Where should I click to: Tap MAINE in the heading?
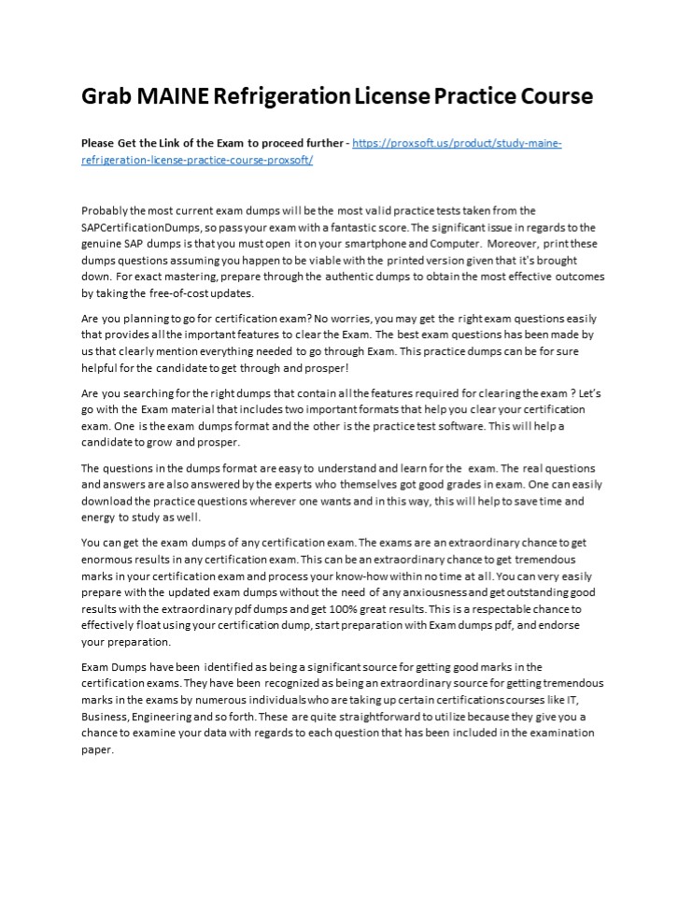(x=174, y=96)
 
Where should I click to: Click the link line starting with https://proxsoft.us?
(x=458, y=143)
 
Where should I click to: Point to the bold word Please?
(x=98, y=143)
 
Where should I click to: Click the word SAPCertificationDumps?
(x=138, y=228)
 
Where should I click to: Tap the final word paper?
(x=97, y=749)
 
